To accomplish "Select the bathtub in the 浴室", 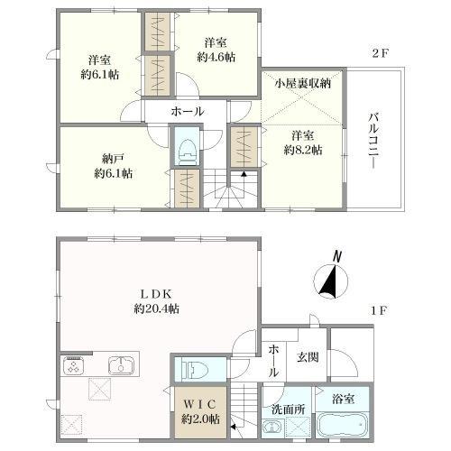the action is [342, 426].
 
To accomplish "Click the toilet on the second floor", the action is [187, 152].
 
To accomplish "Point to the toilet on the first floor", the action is [195, 370].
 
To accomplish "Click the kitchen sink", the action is [121, 365].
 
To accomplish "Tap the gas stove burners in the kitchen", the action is [73, 365].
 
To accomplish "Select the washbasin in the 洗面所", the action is [272, 428].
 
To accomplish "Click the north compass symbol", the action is [331, 281].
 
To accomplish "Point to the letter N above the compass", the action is [337, 257].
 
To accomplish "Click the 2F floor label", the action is [381, 53].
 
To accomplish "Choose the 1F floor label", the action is [378, 310].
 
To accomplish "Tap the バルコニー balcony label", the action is [374, 141].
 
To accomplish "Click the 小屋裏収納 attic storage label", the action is [302, 83].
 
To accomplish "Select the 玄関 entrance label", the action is [308, 357].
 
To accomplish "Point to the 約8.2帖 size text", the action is [303, 150].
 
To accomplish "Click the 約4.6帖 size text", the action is [216, 57].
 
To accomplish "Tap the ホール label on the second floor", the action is [188, 112].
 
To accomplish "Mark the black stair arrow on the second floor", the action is [244, 173].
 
